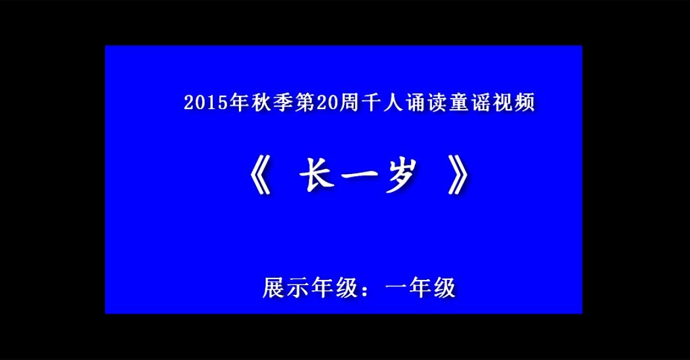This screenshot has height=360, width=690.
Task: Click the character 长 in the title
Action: [316, 175]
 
